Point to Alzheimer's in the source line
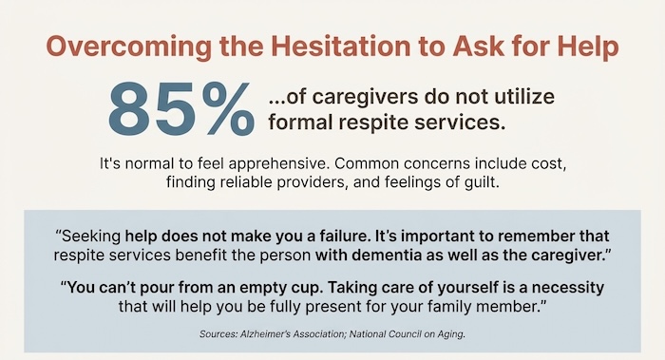point(294,335)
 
